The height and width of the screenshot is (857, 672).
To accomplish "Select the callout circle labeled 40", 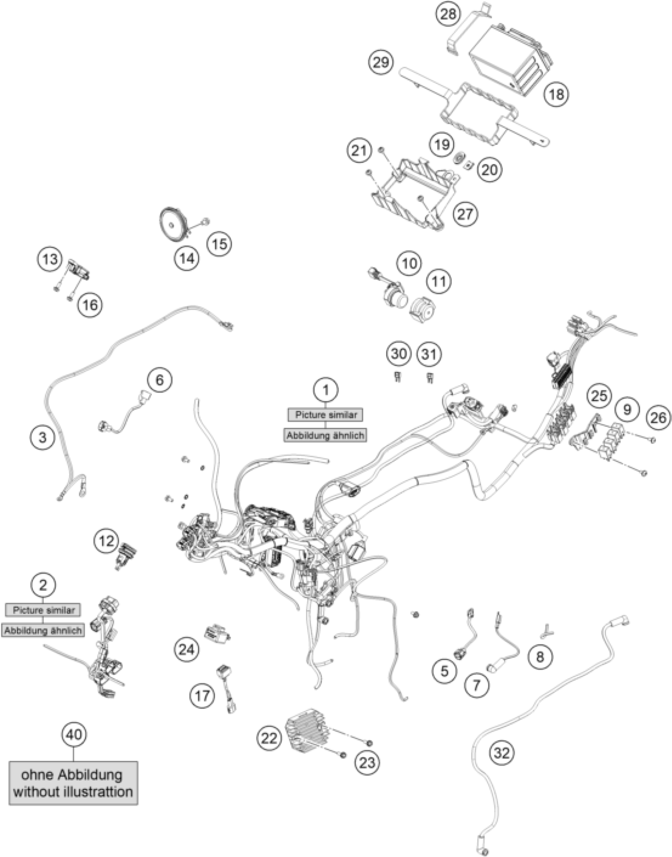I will pos(74,734).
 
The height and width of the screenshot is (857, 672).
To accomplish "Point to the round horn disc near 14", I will pos(174,225).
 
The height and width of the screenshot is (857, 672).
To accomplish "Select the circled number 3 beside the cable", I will pos(43,437).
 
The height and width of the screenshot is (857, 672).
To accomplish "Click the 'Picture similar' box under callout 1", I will pos(326,415).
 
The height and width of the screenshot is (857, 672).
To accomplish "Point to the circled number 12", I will pos(106,541).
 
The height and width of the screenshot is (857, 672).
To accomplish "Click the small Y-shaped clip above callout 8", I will pos(547,630).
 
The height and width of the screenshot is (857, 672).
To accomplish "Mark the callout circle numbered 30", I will pos(398,354).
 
